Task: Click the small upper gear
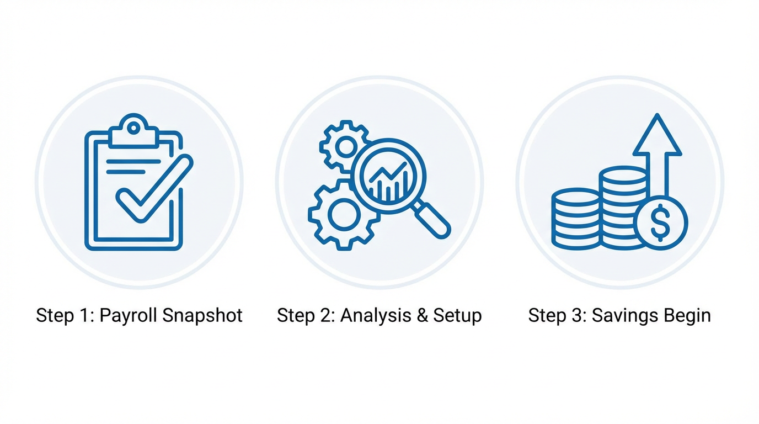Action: [345, 146]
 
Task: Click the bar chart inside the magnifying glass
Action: [389, 179]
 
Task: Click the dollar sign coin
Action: [661, 222]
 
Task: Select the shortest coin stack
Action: [575, 219]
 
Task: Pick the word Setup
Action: [457, 316]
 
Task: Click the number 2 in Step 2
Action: [327, 315]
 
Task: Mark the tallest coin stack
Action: [622, 207]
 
